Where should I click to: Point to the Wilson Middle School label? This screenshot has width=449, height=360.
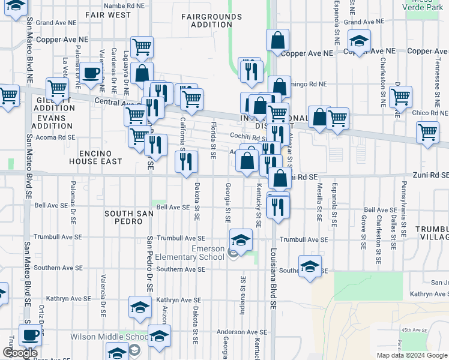pos(109,337)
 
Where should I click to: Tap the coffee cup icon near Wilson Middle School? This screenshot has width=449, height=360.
pos(29,335)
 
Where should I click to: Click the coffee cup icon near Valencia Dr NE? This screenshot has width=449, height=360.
pos(92,73)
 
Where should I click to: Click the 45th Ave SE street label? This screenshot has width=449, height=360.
pos(414,330)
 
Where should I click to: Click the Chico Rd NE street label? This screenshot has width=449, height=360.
pos(427,113)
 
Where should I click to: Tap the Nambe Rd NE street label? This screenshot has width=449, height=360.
pos(124,5)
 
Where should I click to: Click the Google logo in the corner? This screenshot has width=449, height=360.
pos(20,353)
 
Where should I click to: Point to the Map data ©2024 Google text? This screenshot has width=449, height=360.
pos(412,355)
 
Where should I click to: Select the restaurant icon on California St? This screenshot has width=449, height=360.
pos(185,161)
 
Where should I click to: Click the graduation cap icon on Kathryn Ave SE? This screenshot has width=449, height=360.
pos(140,307)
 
